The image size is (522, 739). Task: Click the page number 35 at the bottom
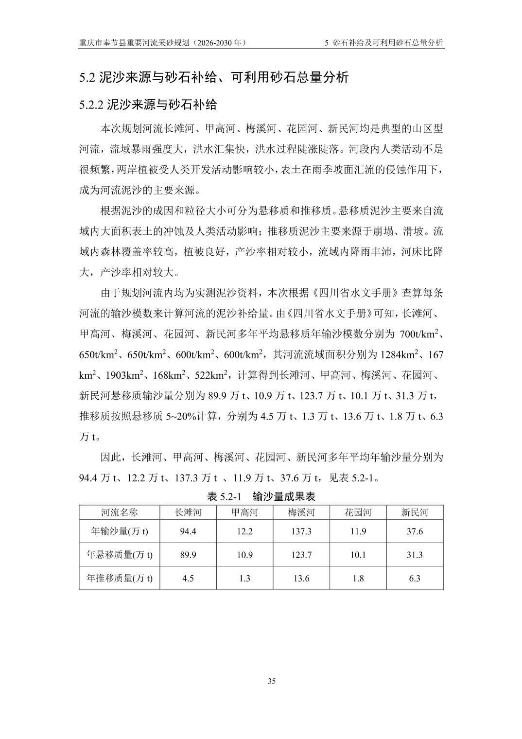coord(272,681)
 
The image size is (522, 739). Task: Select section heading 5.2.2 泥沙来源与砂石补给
coord(148,105)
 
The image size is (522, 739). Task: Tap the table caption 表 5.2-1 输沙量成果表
coord(261,496)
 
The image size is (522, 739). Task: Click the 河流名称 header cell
coord(119,512)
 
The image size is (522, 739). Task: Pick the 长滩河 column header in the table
coord(188,512)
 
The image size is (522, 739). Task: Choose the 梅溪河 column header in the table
coord(301,512)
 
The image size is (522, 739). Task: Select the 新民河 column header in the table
coord(415,512)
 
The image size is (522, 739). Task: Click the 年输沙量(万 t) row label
coord(119,531)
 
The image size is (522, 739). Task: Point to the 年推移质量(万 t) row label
coord(119,578)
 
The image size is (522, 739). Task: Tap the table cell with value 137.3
coord(301,531)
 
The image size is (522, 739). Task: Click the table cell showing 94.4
coord(188,531)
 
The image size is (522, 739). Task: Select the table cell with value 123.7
coord(301,555)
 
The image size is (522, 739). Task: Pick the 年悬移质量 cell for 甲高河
coord(244,555)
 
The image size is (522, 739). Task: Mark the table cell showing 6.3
coord(415,578)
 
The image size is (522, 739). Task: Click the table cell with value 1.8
coord(358,578)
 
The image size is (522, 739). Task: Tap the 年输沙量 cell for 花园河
coord(358,531)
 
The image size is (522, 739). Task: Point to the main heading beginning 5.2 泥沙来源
coord(214,77)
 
